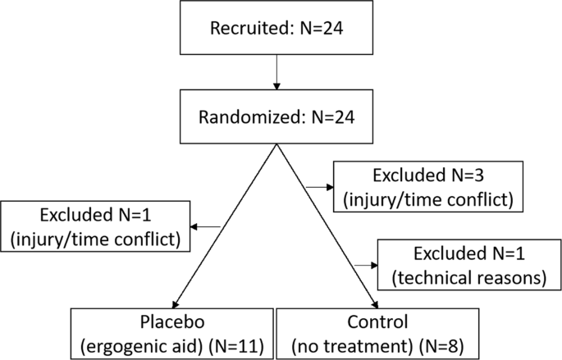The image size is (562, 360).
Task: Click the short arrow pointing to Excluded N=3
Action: (x=317, y=187)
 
